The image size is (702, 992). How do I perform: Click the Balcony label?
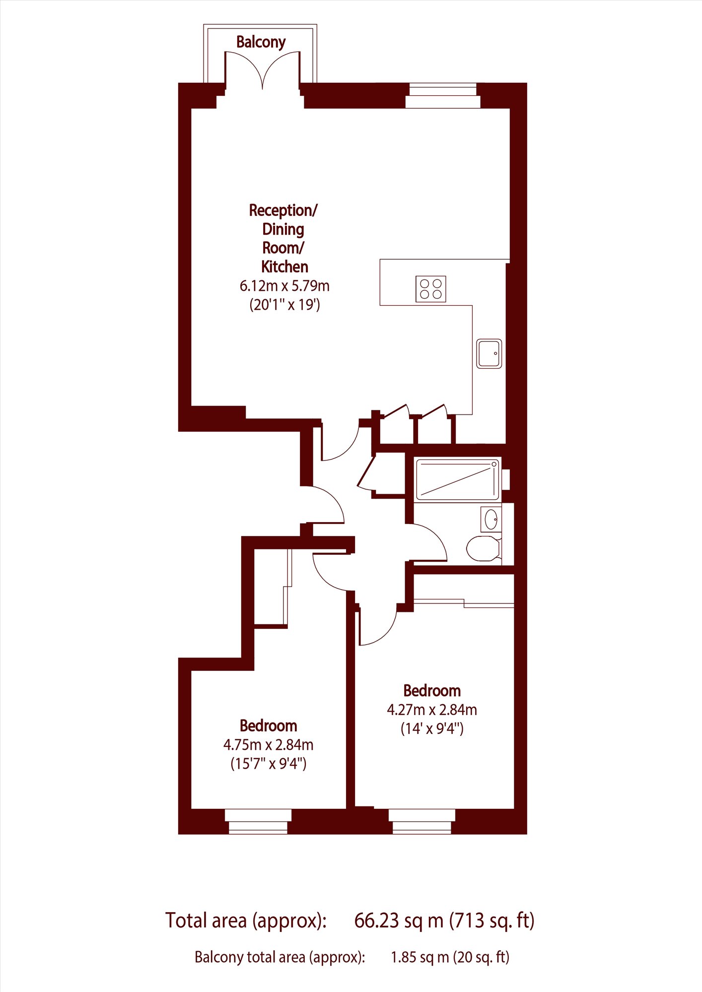coord(261,42)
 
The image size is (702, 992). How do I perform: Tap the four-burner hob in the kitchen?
coord(431,289)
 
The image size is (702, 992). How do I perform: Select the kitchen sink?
coord(489,353)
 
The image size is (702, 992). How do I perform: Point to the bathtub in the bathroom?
coord(457,479)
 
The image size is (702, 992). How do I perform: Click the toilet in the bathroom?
coord(483,548)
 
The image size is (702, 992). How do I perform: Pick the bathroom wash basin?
coord(491,520)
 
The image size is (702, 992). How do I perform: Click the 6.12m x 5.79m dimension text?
coord(284,286)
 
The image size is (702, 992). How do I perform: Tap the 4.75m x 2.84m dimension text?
coord(268,745)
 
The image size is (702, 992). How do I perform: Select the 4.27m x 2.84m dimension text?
coord(432,710)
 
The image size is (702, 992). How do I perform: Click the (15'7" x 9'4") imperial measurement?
coord(268,764)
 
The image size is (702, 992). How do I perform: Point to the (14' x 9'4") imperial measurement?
coord(432,728)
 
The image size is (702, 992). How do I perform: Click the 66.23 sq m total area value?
coord(399,921)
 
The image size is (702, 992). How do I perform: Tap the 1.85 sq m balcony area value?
coord(420,957)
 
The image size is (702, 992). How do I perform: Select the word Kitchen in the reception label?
coord(284,267)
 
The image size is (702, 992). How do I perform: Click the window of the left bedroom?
coord(258,821)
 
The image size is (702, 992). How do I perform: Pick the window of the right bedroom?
coord(422,821)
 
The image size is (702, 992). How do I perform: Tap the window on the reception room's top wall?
coord(443,96)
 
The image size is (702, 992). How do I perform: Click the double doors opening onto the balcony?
coord(263,70)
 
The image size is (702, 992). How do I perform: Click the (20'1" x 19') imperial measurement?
coord(284,305)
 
